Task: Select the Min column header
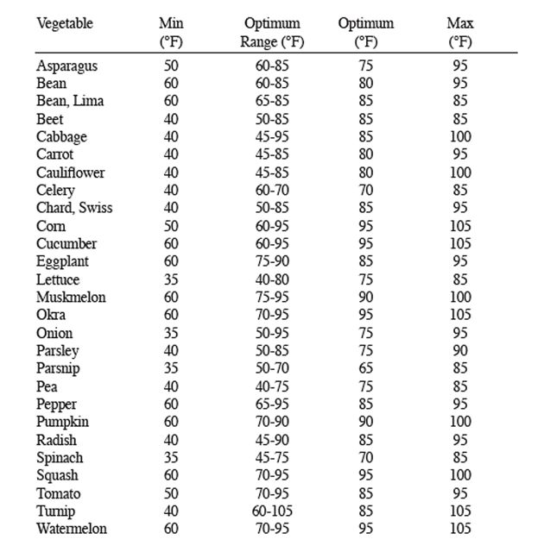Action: tap(172, 32)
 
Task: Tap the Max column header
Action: tap(459, 32)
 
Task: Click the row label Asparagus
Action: tap(66, 66)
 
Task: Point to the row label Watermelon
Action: tap(72, 529)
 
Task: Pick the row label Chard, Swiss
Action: tap(74, 208)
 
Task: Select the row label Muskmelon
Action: tap(71, 298)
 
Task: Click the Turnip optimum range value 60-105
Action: tap(270, 511)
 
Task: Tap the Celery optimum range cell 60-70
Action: tap(270, 191)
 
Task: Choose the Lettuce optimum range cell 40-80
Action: tap(270, 279)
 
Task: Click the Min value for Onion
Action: tap(172, 333)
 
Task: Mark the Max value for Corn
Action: tap(459, 226)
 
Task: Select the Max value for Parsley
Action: tap(459, 351)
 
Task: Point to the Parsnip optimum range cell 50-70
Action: tap(270, 369)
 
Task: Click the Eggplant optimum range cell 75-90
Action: tap(270, 261)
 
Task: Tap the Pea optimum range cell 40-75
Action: tap(270, 386)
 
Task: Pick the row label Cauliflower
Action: tap(71, 172)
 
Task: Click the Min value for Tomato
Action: tap(172, 493)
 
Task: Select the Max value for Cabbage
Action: tap(459, 137)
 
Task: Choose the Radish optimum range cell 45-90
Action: tap(270, 440)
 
